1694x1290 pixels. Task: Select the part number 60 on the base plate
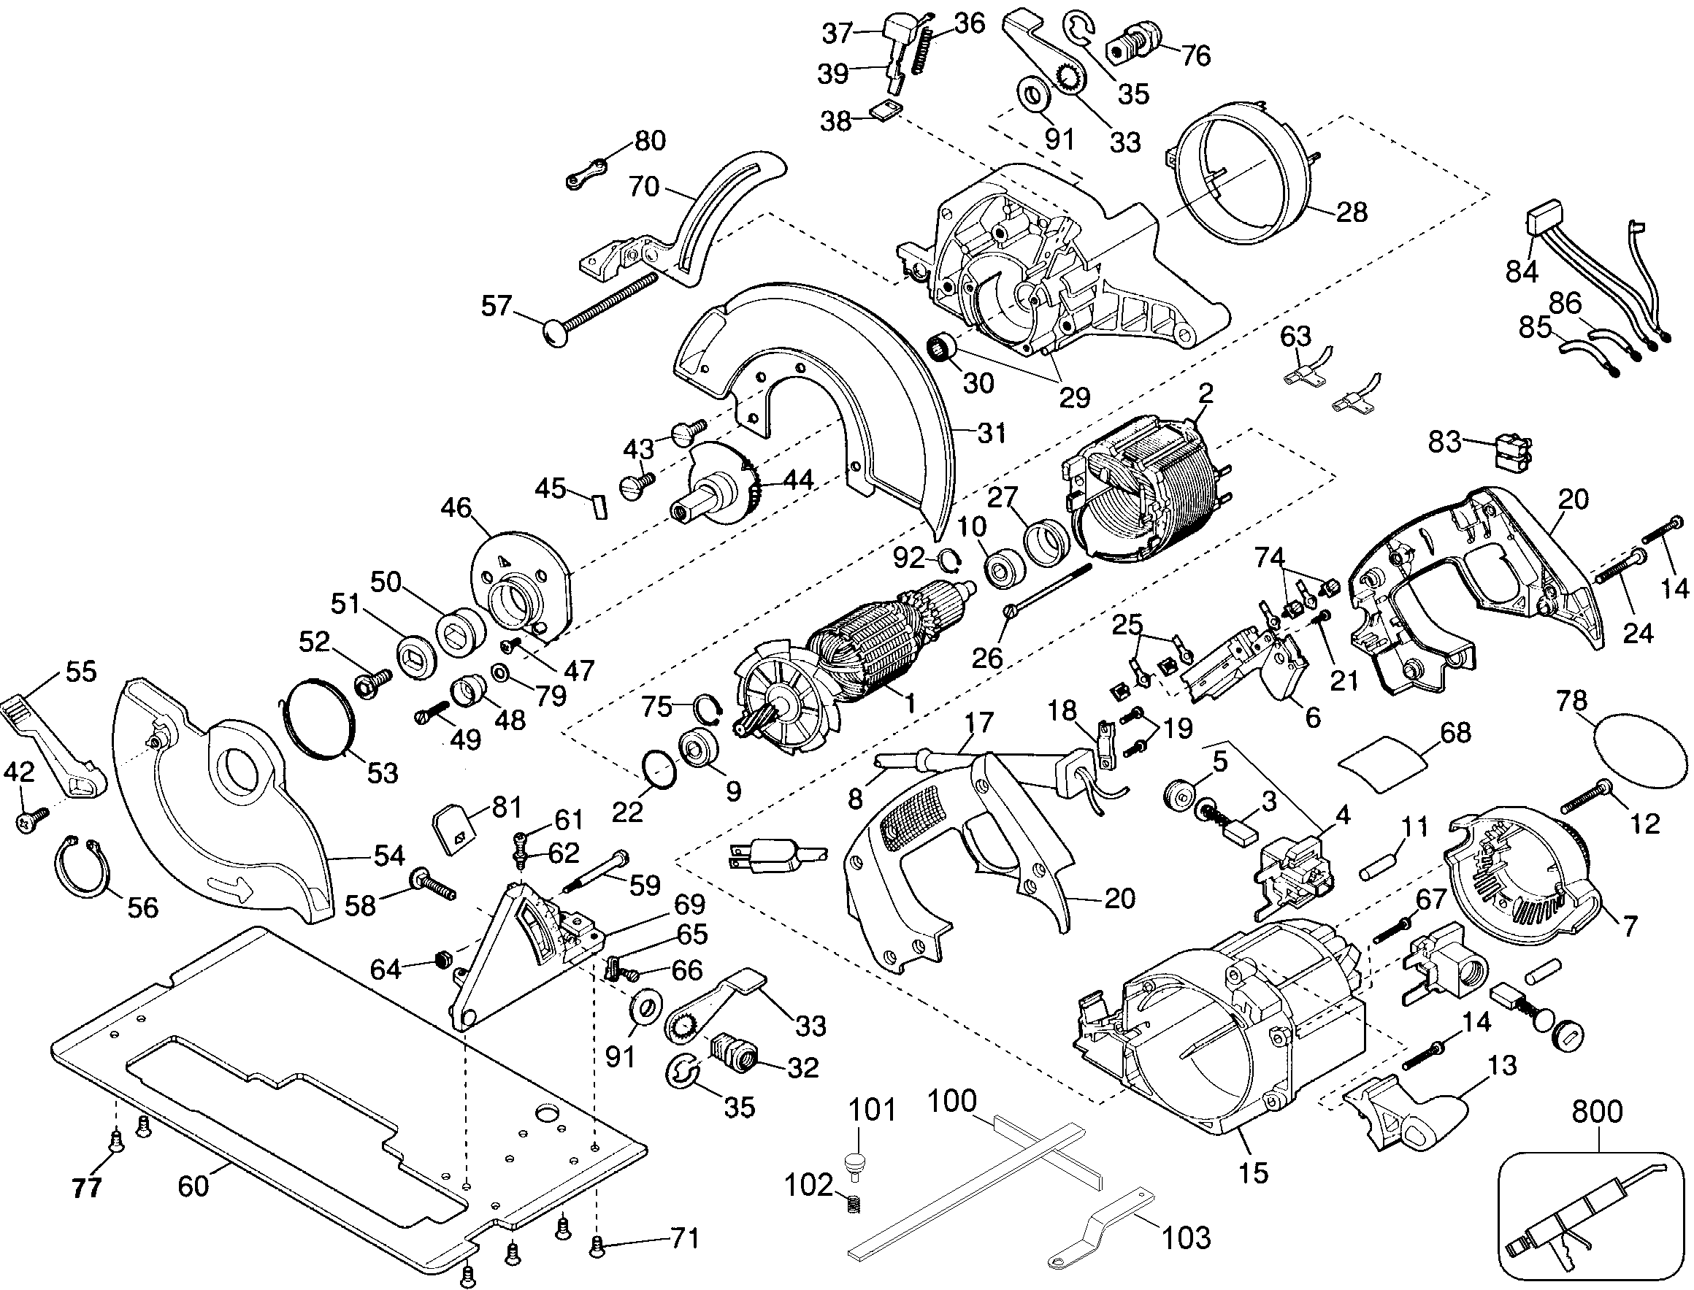(193, 1186)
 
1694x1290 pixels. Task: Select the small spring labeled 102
(854, 1206)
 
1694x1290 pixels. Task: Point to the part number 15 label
(1253, 1173)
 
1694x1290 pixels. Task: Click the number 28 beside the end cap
(1351, 212)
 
